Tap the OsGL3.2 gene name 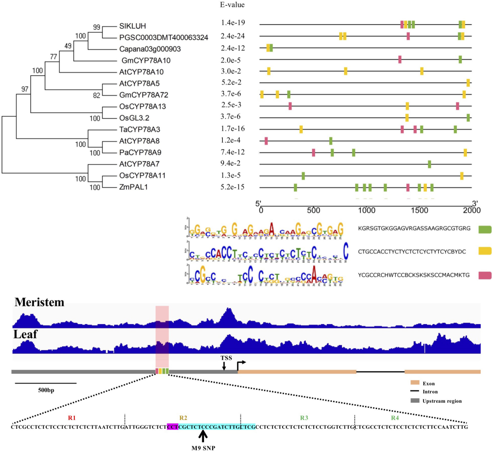pyautogui.click(x=132, y=118)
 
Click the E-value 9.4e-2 pyautogui.click(x=231, y=164)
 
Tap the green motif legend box pyautogui.click(x=483, y=229)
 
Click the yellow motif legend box pyautogui.click(x=483, y=251)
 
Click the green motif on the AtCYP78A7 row pyautogui.click(x=430, y=164)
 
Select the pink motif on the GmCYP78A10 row pyautogui.click(x=399, y=59)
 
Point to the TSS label pyautogui.click(x=224, y=357)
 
